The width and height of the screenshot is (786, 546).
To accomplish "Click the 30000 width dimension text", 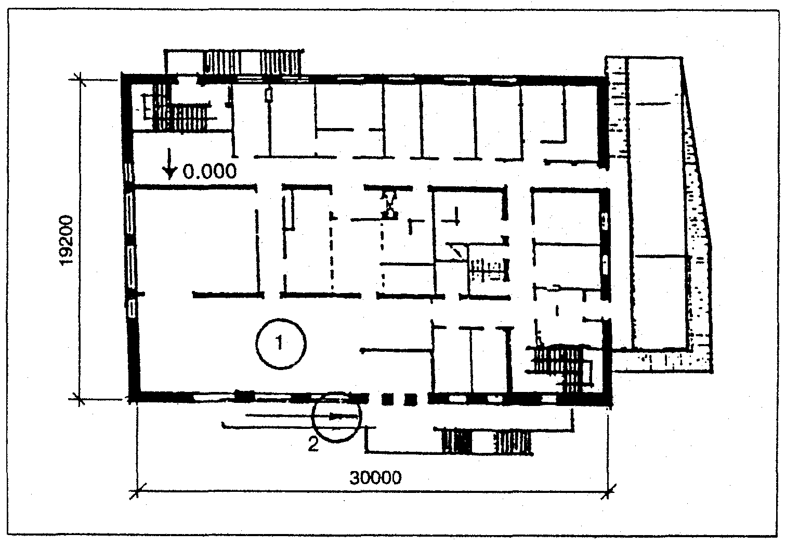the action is pyautogui.click(x=375, y=478).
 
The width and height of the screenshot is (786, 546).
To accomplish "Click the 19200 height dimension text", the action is pyautogui.click(x=67, y=241).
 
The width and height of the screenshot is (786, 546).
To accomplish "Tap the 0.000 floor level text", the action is pyautogui.click(x=210, y=171).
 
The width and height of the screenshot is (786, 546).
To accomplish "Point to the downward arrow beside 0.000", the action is pyautogui.click(x=170, y=164).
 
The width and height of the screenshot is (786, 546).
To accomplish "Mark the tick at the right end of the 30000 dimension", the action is pyautogui.click(x=608, y=491).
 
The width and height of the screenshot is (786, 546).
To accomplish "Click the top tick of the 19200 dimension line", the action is pyautogui.click(x=80, y=80).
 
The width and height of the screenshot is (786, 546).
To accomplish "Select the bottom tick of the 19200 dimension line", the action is pyautogui.click(x=80, y=399).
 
